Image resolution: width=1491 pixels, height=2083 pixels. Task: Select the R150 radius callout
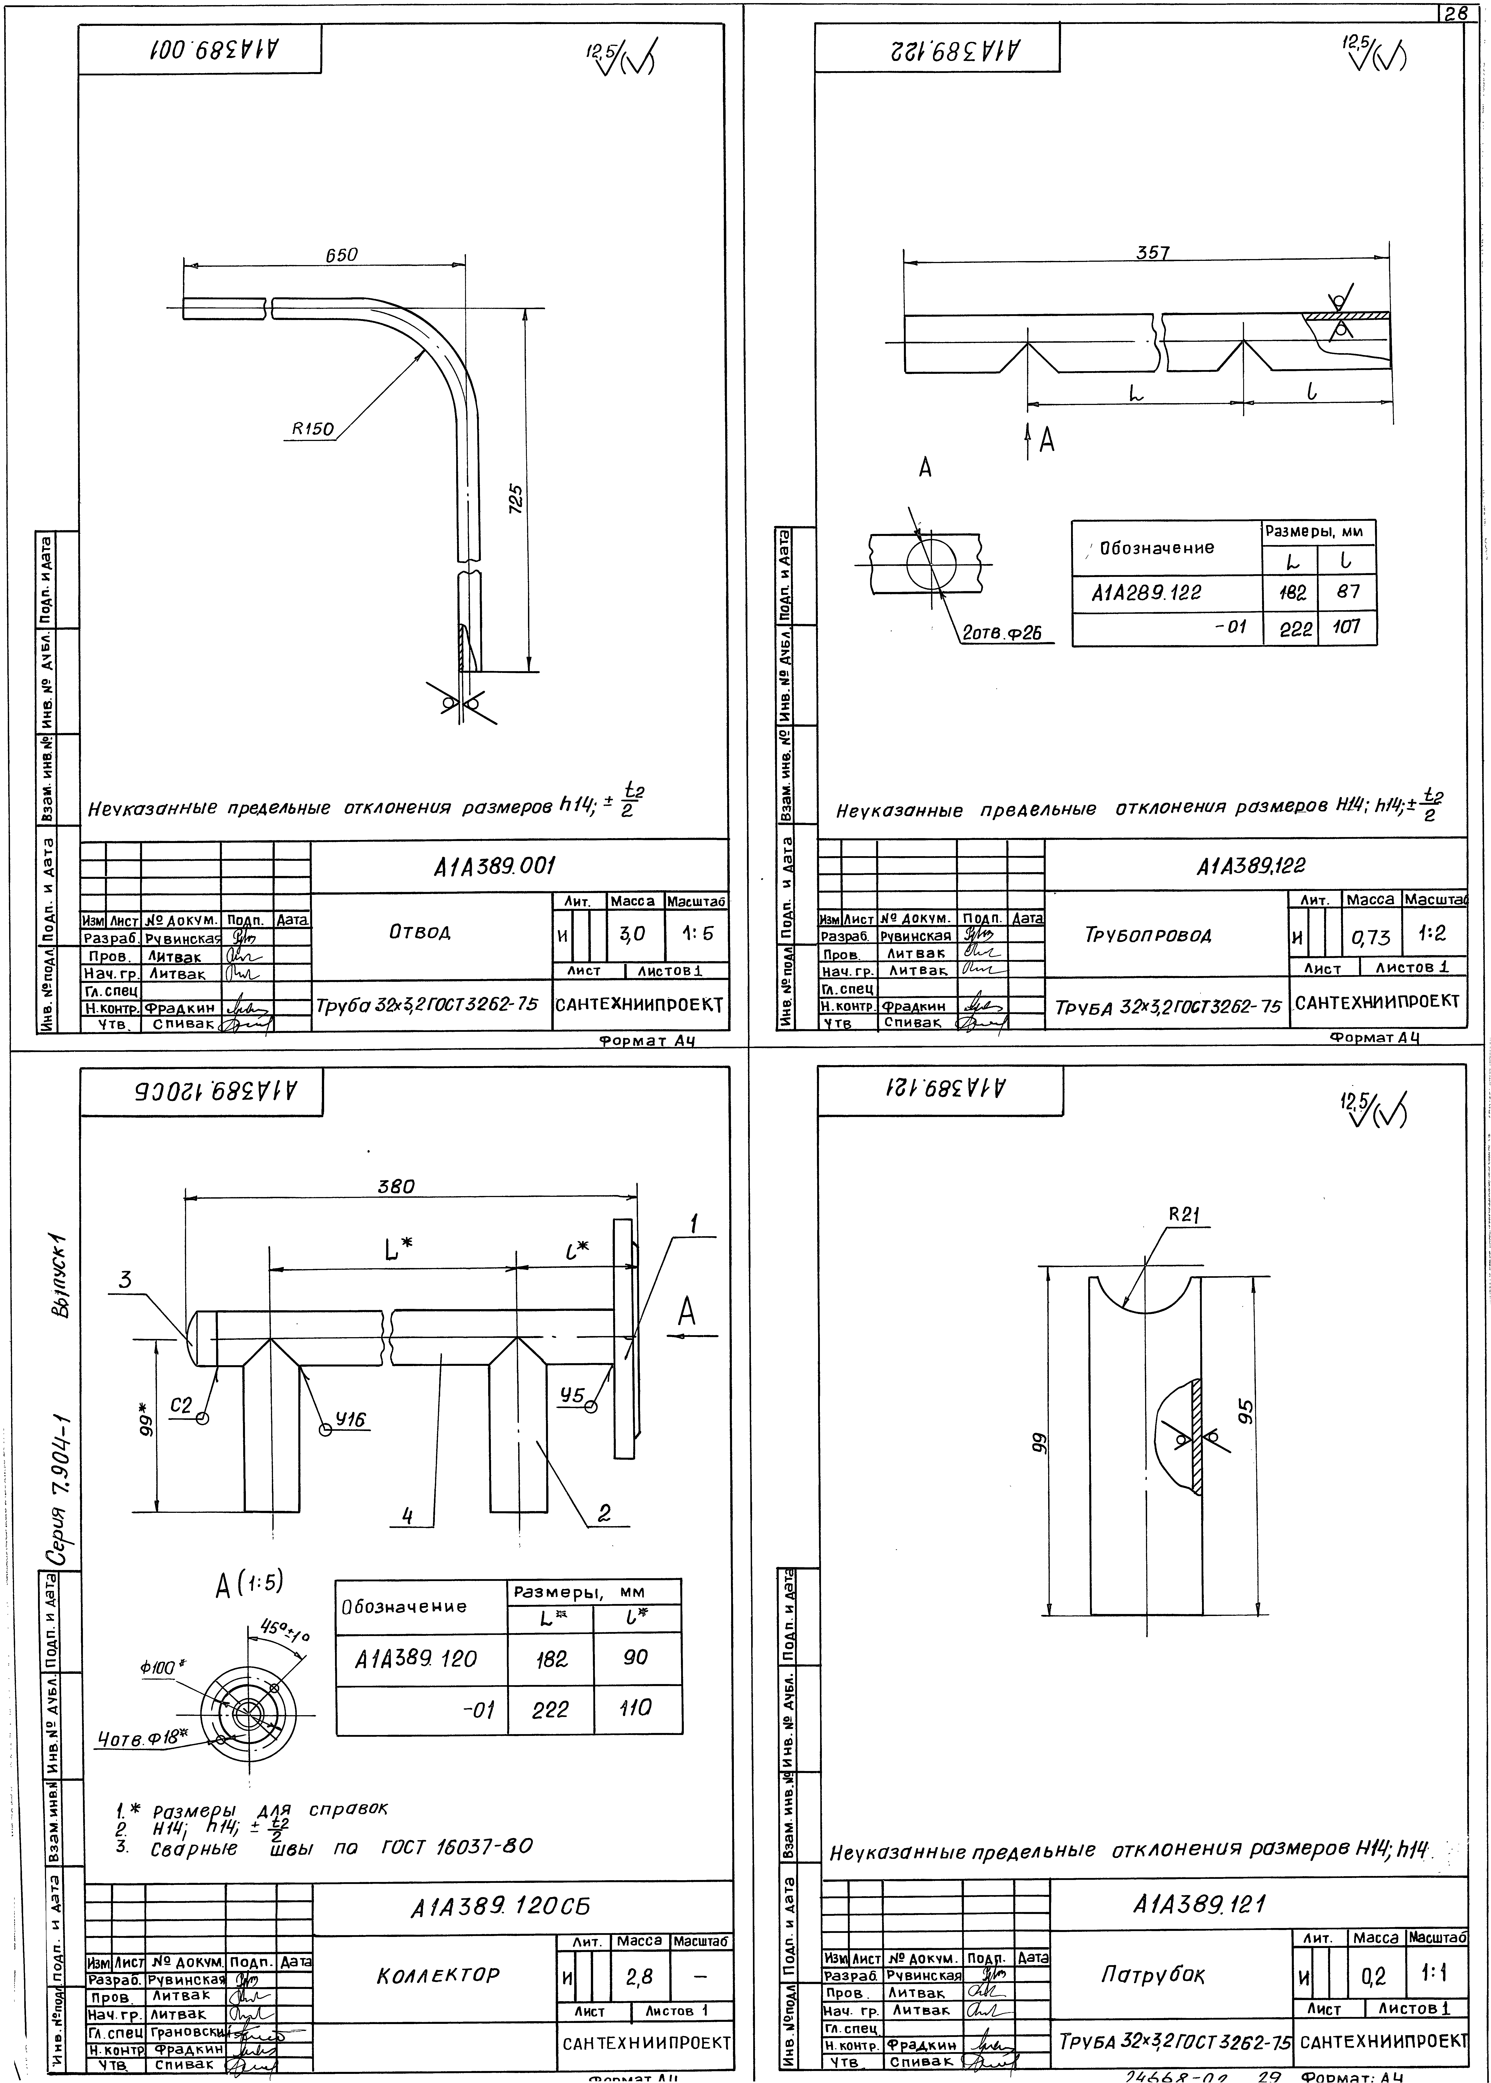pos(313,429)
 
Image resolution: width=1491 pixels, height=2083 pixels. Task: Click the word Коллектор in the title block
pos(438,1975)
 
